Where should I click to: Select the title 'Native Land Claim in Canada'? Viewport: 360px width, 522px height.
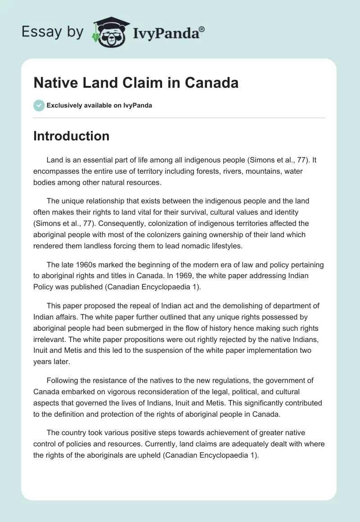tap(136, 83)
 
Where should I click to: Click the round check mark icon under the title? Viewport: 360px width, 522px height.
tap(39, 105)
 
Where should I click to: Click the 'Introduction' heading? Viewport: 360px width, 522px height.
tap(71, 136)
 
